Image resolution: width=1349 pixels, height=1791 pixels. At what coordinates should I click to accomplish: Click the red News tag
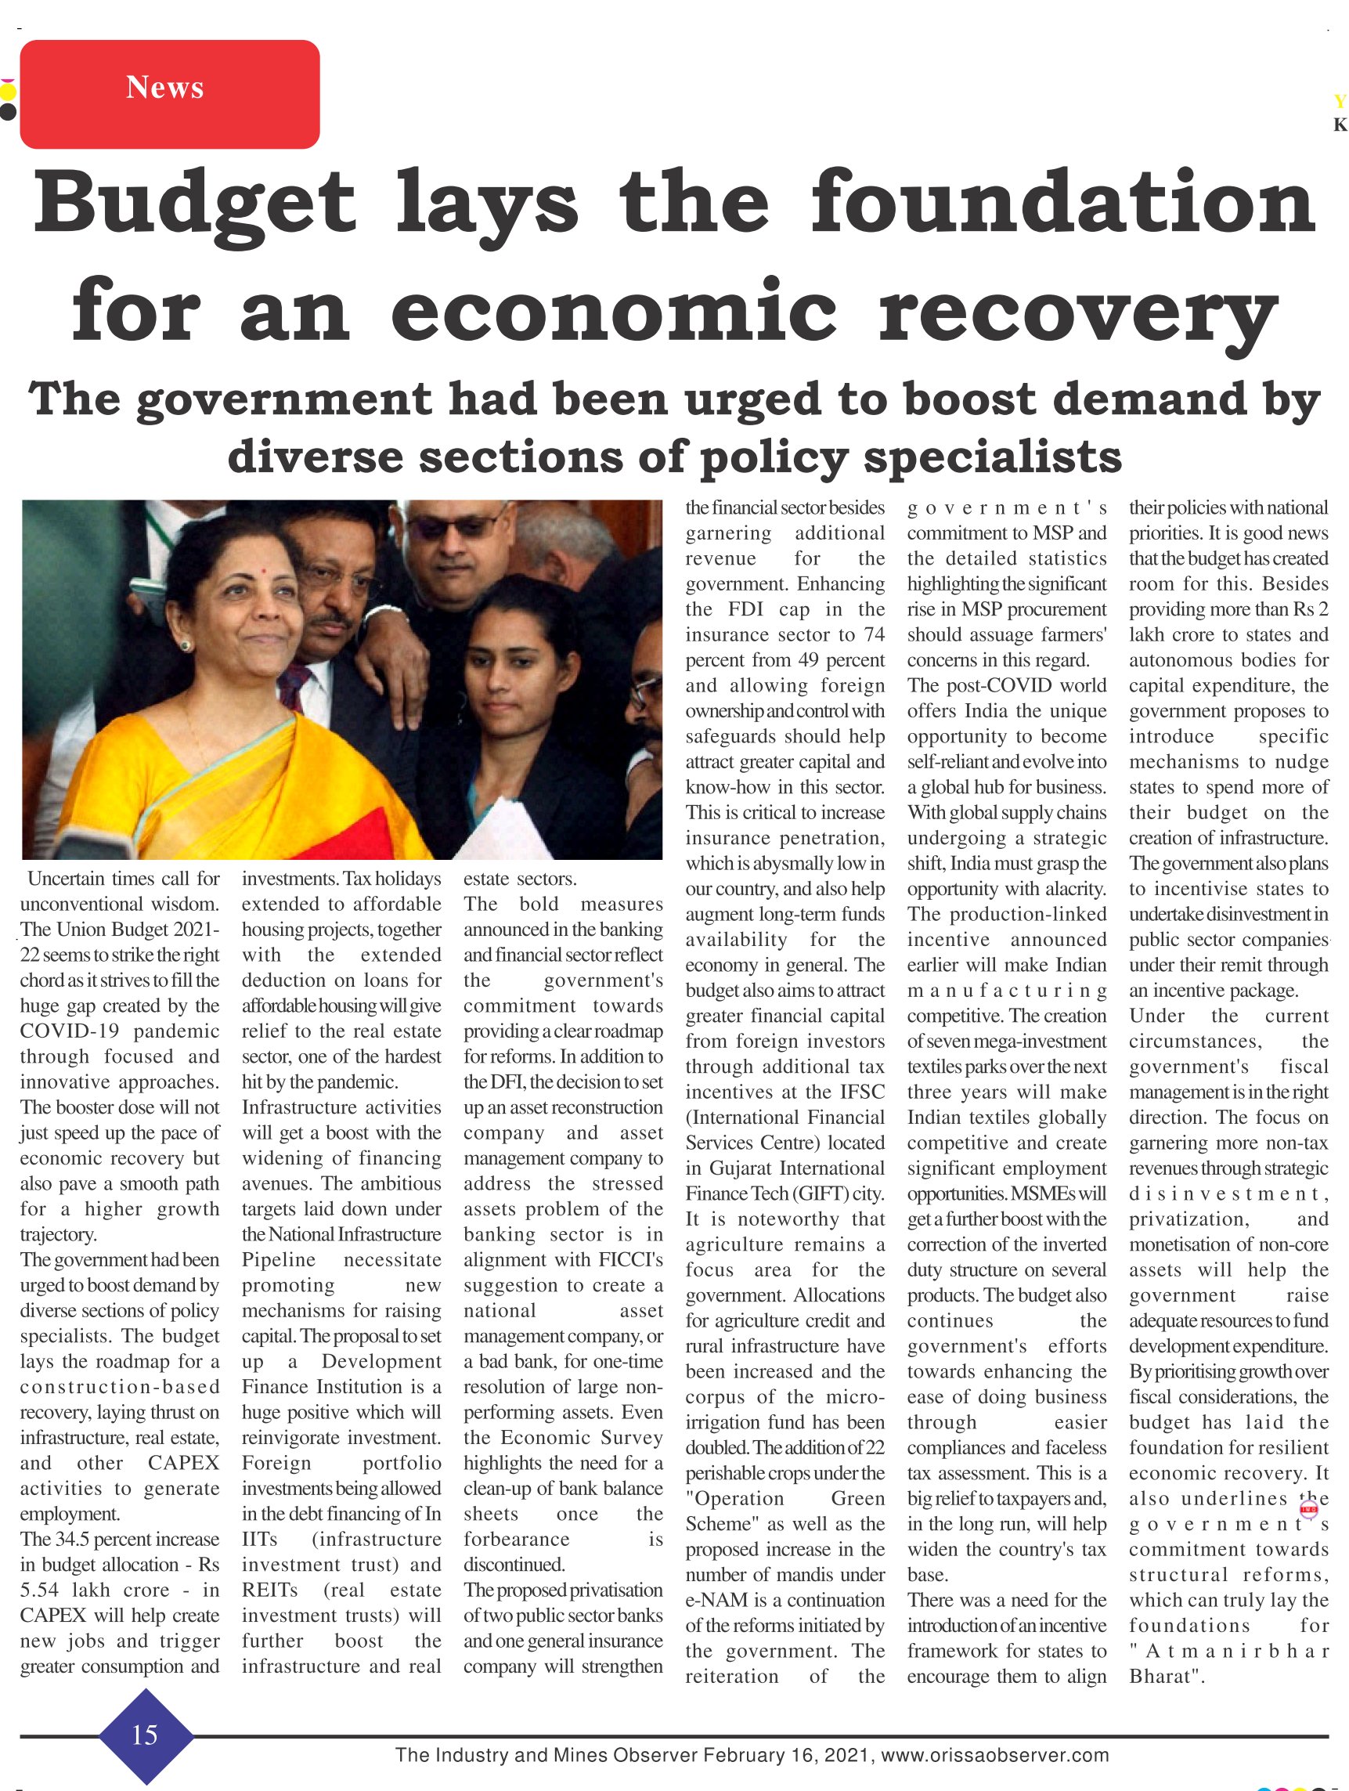(168, 94)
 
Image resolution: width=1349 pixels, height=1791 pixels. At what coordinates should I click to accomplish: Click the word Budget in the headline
(193, 201)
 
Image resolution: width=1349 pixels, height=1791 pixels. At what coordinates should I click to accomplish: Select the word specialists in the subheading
(993, 457)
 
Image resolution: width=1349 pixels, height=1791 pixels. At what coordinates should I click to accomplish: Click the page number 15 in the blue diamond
(145, 1735)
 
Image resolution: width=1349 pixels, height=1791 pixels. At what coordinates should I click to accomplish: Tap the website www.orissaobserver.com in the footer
(995, 1757)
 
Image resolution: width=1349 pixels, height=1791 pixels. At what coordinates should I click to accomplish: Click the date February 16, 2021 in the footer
(787, 1757)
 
